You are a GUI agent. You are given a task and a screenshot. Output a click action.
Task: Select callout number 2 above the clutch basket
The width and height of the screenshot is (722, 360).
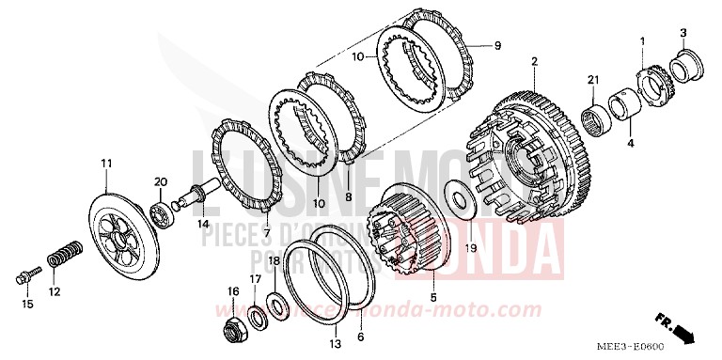click(x=533, y=62)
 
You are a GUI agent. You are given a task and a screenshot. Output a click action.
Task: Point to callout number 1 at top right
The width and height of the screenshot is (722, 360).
click(x=642, y=40)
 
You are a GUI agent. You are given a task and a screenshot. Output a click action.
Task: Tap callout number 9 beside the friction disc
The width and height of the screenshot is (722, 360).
click(x=498, y=45)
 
